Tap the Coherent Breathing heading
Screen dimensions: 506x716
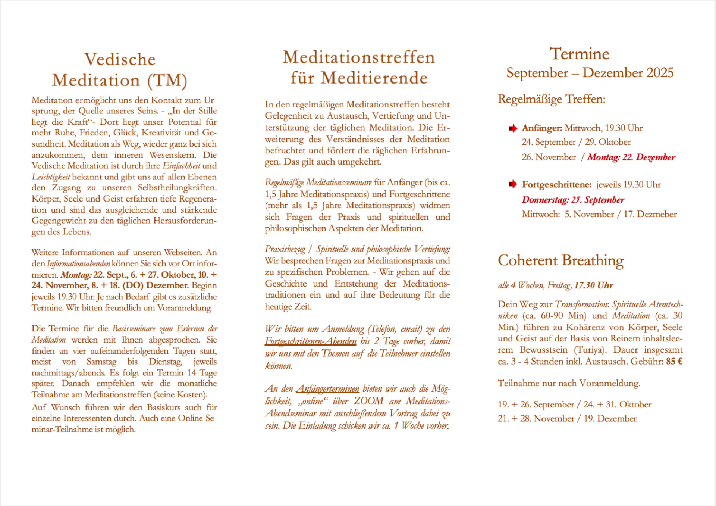click(x=560, y=260)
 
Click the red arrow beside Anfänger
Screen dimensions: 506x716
click(x=513, y=128)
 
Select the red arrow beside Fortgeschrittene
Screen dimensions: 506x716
click(x=513, y=184)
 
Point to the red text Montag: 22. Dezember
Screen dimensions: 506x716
click(x=631, y=157)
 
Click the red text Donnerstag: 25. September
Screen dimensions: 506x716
click(x=573, y=200)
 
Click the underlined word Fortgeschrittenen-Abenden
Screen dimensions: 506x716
click(x=311, y=341)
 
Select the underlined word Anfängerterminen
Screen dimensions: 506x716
click(x=328, y=389)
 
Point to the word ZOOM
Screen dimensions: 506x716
click(x=368, y=401)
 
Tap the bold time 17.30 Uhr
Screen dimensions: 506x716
click(x=594, y=285)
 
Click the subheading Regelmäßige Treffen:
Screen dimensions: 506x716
click(x=552, y=99)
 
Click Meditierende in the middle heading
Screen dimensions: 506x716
click(x=374, y=78)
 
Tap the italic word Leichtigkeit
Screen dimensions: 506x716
click(x=51, y=177)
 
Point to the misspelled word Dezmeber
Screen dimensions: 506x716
click(x=657, y=214)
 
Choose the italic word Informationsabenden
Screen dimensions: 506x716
click(x=78, y=264)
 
